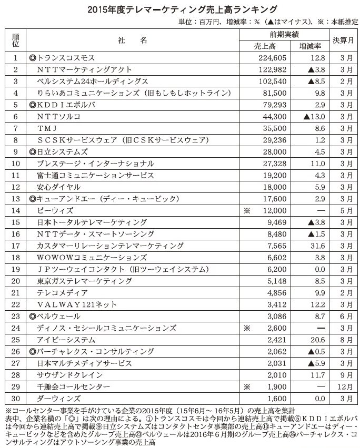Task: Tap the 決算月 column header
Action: click(343, 40)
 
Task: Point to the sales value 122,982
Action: click(272, 69)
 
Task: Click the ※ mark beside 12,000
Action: click(245, 210)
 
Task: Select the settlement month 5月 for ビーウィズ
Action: click(343, 210)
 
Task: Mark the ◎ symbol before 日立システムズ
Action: click(33, 151)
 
